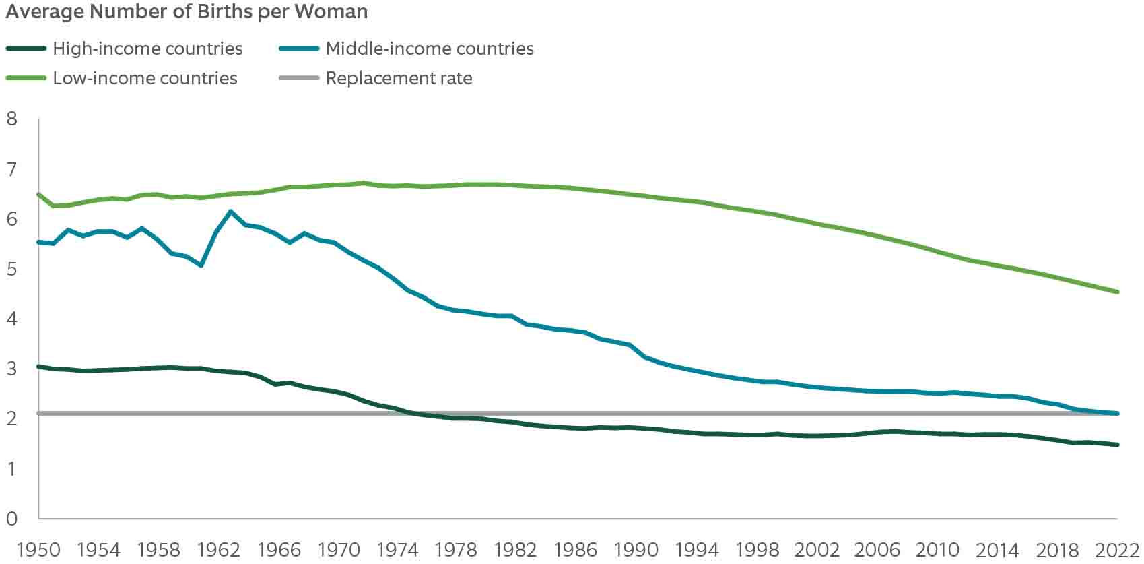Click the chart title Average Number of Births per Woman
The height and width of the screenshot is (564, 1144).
[187, 12]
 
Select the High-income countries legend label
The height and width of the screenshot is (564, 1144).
[147, 49]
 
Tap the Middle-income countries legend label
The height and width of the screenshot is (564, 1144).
[430, 49]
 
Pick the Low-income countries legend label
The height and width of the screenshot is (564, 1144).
[145, 78]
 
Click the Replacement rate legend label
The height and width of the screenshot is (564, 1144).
[399, 78]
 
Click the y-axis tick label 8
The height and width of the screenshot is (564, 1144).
[11, 119]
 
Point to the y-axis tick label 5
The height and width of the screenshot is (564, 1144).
[11, 269]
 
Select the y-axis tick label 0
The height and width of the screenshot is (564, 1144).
[11, 519]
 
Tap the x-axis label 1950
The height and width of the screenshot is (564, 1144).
[38, 550]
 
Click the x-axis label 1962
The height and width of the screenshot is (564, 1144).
[219, 550]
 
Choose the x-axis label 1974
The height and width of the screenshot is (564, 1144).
[398, 550]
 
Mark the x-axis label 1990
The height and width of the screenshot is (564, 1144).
[637, 550]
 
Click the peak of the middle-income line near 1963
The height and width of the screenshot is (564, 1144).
[231, 212]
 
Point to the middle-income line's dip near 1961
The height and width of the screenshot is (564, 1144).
[201, 265]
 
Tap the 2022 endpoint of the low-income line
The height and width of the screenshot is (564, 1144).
[1117, 292]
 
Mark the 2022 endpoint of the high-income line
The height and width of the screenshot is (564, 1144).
[1117, 445]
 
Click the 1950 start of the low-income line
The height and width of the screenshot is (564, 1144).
[38, 194]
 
